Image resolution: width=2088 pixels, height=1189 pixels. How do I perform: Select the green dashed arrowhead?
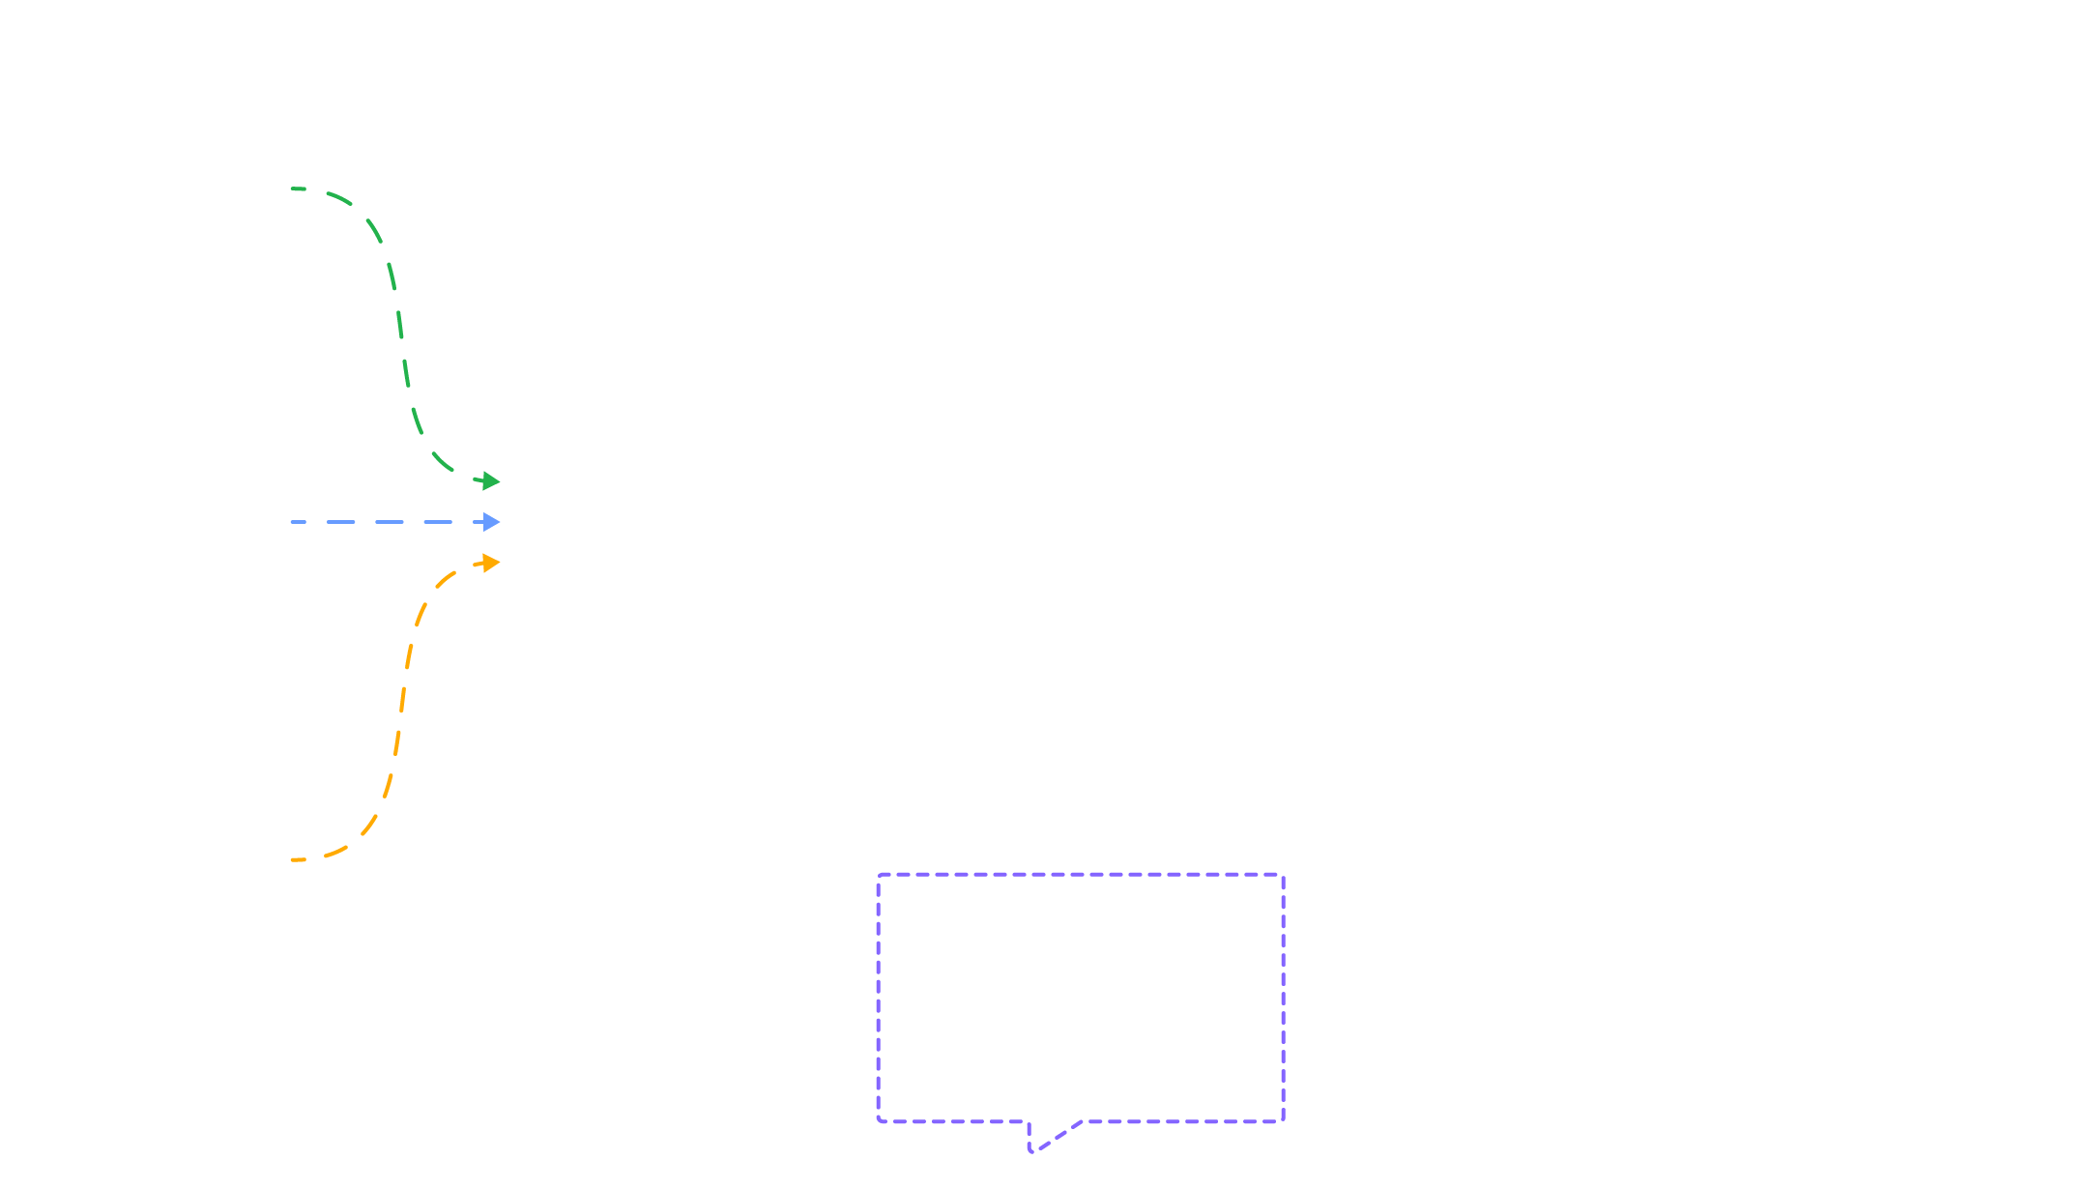point(490,480)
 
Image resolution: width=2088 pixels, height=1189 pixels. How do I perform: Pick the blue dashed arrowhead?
point(491,522)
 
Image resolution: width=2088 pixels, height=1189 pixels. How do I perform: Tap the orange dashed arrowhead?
point(490,562)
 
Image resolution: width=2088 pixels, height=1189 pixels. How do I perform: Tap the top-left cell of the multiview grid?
point(575,924)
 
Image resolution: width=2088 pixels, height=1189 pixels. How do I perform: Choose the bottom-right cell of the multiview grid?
point(743,1022)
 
